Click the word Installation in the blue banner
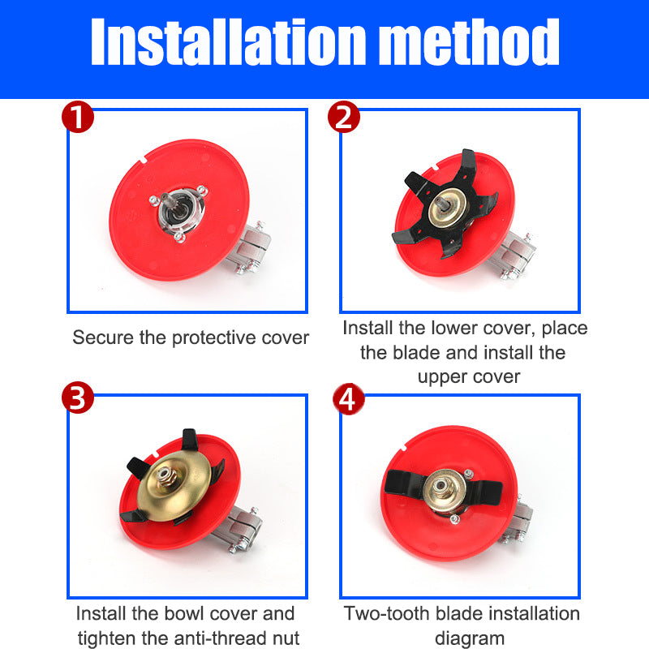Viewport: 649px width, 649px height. (x=229, y=41)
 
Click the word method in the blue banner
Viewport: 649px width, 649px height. (x=469, y=41)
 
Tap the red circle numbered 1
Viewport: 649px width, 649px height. (x=78, y=117)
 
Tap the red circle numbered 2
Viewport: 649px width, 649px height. (x=343, y=117)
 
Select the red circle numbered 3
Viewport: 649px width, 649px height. (x=78, y=398)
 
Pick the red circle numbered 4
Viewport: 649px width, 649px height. (x=349, y=399)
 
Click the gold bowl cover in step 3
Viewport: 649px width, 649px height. (x=174, y=485)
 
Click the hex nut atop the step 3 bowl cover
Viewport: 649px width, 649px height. (x=168, y=476)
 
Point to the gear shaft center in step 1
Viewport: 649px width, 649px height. (x=170, y=202)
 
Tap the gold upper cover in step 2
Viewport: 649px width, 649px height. (x=447, y=208)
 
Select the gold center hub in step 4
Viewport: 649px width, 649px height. (x=444, y=491)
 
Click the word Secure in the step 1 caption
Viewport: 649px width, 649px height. (x=104, y=337)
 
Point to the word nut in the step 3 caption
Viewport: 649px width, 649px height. (x=286, y=638)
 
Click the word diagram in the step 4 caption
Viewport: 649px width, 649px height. (x=470, y=638)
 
